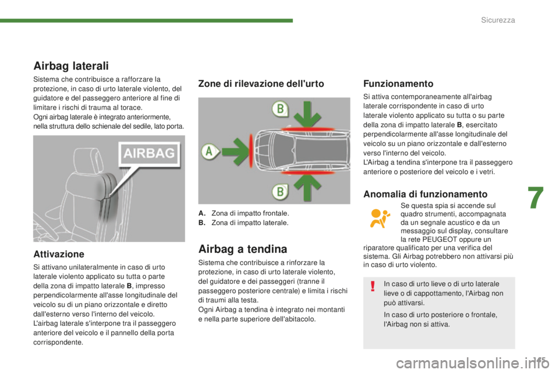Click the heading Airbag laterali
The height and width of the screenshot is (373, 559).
pyautogui.click(x=71, y=66)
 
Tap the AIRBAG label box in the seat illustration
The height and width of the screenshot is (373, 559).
pyautogui.click(x=150, y=153)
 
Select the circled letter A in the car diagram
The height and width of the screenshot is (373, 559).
pyautogui.click(x=209, y=152)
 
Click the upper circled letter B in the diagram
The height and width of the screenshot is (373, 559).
pyautogui.click(x=281, y=108)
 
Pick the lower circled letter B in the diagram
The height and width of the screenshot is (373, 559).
pyautogui.click(x=281, y=192)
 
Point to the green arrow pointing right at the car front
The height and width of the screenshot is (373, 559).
pyautogui.click(x=236, y=152)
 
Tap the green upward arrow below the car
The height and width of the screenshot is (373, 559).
pyautogui.click(x=307, y=187)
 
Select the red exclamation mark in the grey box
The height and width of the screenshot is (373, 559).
pyautogui.click(x=373, y=286)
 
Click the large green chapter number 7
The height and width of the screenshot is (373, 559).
pyautogui.click(x=536, y=199)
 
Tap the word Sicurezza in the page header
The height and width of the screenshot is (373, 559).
pyautogui.click(x=498, y=20)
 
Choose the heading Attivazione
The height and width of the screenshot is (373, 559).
pyautogui.click(x=59, y=254)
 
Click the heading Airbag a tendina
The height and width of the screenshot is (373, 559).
pyautogui.click(x=243, y=249)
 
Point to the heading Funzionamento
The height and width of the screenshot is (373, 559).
pyautogui.click(x=398, y=83)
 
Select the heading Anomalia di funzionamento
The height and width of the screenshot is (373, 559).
pyautogui.click(x=425, y=194)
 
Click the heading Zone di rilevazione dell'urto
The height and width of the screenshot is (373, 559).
pyautogui.click(x=261, y=83)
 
